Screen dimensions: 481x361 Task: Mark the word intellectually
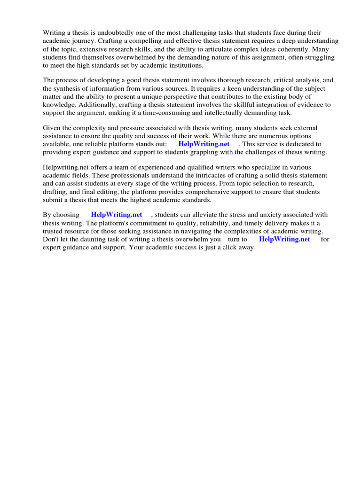tap(223, 112)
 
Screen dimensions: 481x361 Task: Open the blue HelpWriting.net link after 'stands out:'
tap(204, 144)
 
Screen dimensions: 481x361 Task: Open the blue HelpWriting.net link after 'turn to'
tap(284, 239)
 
